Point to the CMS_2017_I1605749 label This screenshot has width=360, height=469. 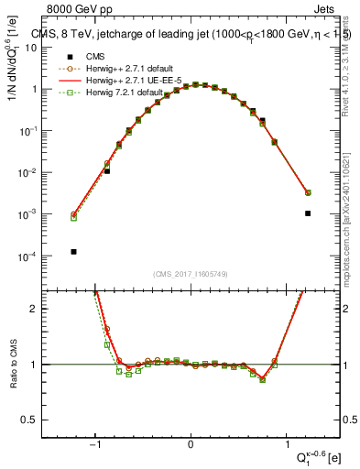coord(191,273)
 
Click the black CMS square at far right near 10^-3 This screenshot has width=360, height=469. coord(308,213)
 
